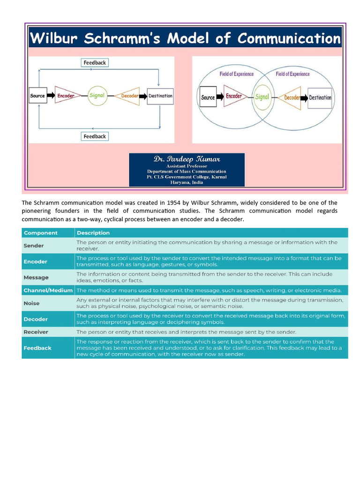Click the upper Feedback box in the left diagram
pos(95,63)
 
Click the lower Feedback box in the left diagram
pos(95,136)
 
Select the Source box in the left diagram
pos(37,96)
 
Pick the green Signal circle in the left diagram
pos(97,96)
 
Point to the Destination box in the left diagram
pos(160,96)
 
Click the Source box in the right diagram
pos(208,97)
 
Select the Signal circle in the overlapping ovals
pos(262,97)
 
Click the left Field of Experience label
pos(236,74)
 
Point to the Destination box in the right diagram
pos(320,97)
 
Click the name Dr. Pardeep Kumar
pos(187,159)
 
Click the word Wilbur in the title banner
pos(55,38)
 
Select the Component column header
pos(41,233)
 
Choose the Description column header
pos(93,233)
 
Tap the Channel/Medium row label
pos(48,291)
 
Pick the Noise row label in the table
pos(32,303)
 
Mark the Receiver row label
pos(36,332)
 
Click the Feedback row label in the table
pos(37,348)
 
